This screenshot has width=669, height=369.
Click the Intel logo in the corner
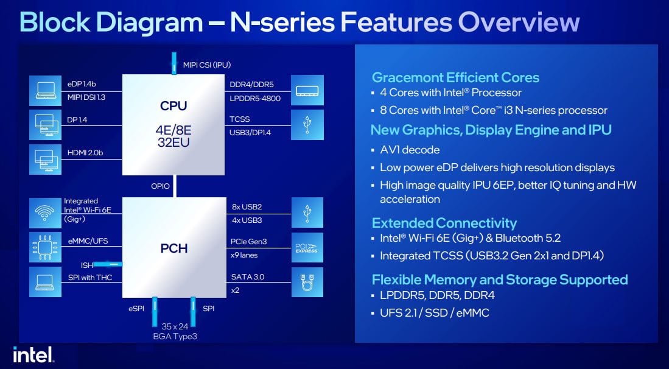(x=33, y=354)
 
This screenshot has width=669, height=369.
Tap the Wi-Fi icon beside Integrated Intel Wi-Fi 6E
(x=45, y=213)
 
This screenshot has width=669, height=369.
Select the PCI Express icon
(x=307, y=247)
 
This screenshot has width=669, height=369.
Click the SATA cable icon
(x=307, y=283)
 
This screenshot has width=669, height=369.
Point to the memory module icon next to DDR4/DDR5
(x=307, y=91)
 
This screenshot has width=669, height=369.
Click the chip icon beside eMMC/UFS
(x=45, y=247)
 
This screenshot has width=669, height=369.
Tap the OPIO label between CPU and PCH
(x=161, y=186)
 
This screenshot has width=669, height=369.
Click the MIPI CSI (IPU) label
(x=207, y=65)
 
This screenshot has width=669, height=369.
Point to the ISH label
(x=87, y=265)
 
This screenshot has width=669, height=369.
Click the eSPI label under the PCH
(x=136, y=309)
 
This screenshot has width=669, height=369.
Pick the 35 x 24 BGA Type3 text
(x=175, y=331)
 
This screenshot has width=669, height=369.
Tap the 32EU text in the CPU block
(x=173, y=142)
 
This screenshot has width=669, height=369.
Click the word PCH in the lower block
(x=173, y=248)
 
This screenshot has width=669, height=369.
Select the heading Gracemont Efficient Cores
(x=455, y=78)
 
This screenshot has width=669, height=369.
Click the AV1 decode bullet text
(x=410, y=150)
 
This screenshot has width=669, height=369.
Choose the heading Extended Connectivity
(x=444, y=223)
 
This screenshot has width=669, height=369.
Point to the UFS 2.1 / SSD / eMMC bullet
(x=435, y=313)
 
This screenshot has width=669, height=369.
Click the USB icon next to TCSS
(x=307, y=125)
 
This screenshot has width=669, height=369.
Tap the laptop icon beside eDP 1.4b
(x=45, y=91)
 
